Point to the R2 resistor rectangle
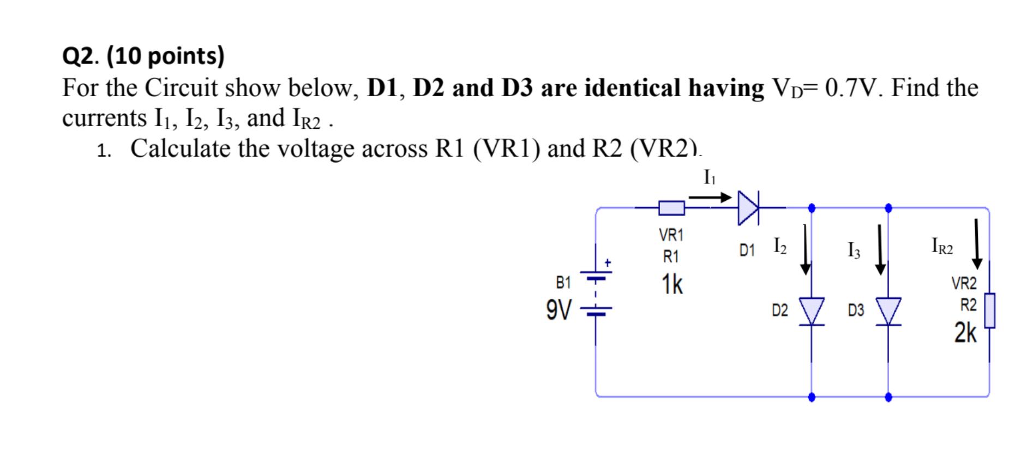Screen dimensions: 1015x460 (x=989, y=310)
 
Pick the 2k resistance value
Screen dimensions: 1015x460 (x=965, y=333)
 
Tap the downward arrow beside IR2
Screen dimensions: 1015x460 (x=977, y=244)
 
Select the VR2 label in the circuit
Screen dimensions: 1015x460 (x=964, y=284)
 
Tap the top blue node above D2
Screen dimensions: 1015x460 (x=812, y=208)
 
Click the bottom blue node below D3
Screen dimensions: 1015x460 (x=888, y=397)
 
